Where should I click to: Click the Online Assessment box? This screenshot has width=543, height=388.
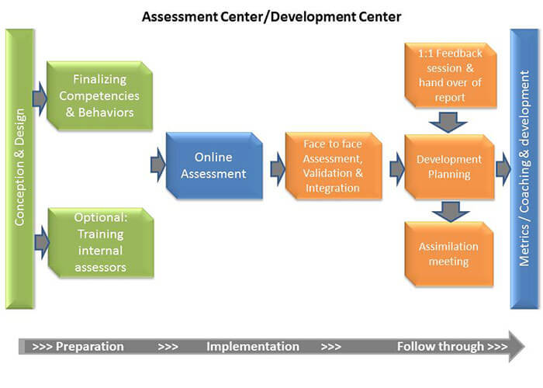[214, 165]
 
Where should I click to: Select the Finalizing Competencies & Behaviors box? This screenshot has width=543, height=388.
[100, 95]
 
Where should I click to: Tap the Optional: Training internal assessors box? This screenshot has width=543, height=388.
[101, 242]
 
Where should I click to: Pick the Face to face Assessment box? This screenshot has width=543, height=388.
[334, 165]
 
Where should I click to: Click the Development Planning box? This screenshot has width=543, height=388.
[449, 167]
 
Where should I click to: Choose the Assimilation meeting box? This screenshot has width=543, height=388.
[449, 254]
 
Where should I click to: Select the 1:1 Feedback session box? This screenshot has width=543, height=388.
[451, 75]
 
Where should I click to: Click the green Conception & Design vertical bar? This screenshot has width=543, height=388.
[19, 168]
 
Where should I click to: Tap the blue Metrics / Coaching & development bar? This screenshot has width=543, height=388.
[524, 168]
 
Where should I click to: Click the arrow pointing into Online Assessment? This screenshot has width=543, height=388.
[158, 165]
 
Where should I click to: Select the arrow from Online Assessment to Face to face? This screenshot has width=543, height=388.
[278, 168]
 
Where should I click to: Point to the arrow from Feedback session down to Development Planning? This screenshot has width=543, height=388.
[448, 122]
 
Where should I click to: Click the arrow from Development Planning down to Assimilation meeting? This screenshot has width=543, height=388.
[451, 211]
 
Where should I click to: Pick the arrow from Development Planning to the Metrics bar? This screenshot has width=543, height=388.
[503, 168]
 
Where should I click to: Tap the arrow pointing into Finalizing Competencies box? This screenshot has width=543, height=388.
[40, 99]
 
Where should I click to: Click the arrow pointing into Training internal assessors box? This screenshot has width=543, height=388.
[42, 242]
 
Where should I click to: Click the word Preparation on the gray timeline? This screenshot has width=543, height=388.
[90, 346]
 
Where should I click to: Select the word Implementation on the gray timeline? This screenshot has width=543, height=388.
[253, 346]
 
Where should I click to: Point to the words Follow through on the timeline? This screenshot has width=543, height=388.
[441, 346]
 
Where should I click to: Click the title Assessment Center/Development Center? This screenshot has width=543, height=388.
[271, 16]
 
